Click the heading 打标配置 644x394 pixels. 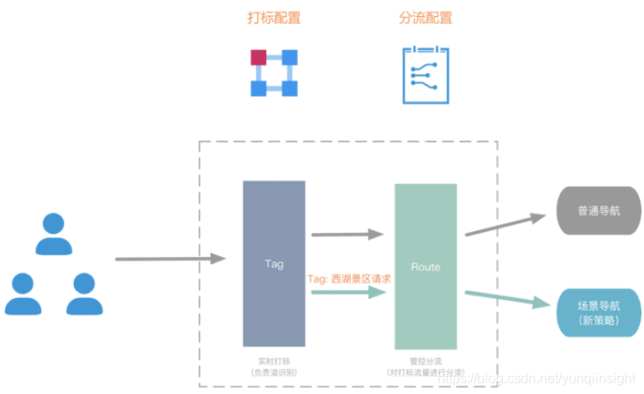[273, 18]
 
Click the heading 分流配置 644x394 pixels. [426, 18]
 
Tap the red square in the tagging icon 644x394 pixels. [259, 57]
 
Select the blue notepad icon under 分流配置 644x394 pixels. [426, 75]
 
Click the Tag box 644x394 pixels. [274, 263]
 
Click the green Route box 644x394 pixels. [426, 266]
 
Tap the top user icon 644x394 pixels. [55, 234]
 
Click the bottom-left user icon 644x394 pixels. [23, 294]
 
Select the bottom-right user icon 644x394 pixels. [84, 294]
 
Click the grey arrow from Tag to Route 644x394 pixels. [346, 234]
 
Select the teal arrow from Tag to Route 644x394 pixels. [346, 293]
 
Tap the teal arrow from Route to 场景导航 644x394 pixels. [504, 298]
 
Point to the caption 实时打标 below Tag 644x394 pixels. [273, 362]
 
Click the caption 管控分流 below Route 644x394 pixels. [425, 362]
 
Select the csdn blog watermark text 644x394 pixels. [536, 378]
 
